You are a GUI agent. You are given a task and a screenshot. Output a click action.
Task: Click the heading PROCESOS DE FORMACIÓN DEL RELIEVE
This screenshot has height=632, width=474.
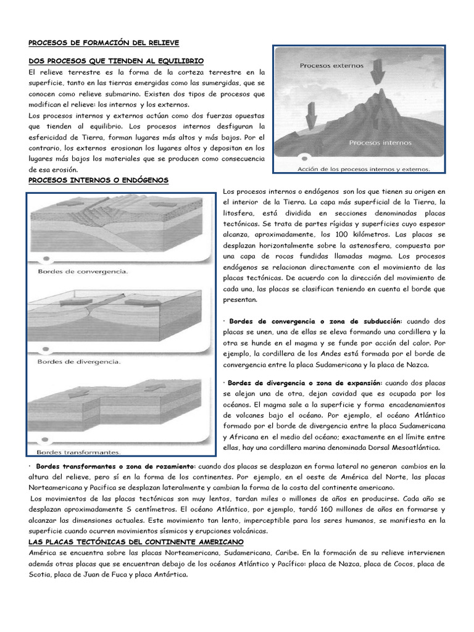[x=104, y=43]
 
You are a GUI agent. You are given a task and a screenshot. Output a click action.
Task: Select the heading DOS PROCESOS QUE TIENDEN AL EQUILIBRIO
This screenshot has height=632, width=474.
[x=116, y=61]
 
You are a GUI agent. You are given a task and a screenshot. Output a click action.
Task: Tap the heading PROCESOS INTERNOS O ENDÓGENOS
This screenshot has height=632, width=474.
[x=99, y=180]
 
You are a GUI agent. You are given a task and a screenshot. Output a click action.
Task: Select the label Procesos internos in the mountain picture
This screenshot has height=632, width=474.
[x=376, y=142]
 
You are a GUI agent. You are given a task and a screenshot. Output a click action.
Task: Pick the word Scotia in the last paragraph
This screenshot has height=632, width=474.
[x=41, y=574]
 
